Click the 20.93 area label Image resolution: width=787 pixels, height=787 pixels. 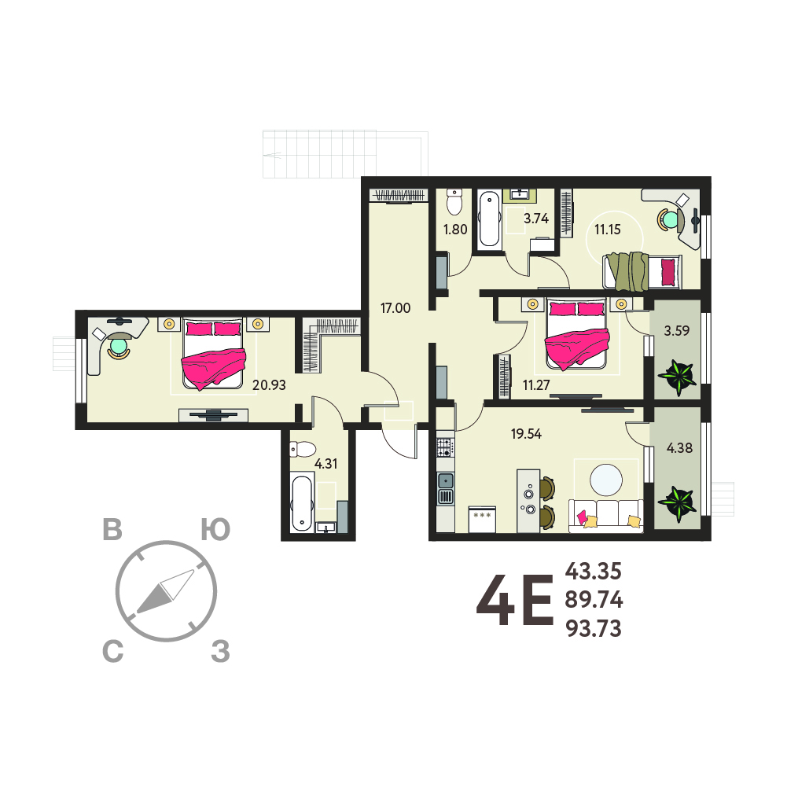[269, 385]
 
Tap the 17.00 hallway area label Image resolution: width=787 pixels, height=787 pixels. [395, 307]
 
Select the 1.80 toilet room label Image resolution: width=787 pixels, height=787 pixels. [455, 230]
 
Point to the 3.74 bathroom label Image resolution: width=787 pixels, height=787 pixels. [536, 219]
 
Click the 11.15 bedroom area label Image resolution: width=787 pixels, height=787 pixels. [608, 230]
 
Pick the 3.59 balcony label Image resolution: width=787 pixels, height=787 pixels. [677, 331]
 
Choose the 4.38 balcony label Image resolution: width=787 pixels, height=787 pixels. [679, 447]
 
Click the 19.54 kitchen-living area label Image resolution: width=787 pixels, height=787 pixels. [526, 434]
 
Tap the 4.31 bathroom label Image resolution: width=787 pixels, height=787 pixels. [325, 463]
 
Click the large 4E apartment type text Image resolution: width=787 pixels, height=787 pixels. [514, 601]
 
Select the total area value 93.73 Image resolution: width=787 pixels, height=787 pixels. [594, 628]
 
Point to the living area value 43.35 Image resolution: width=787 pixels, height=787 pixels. [594, 571]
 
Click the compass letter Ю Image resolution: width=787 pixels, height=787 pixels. [216, 530]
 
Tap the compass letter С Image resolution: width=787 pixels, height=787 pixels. [113, 652]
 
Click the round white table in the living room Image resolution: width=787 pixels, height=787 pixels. [606, 480]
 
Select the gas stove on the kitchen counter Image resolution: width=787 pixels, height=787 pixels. [445, 447]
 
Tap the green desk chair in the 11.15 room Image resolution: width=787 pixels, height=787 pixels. [669, 219]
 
